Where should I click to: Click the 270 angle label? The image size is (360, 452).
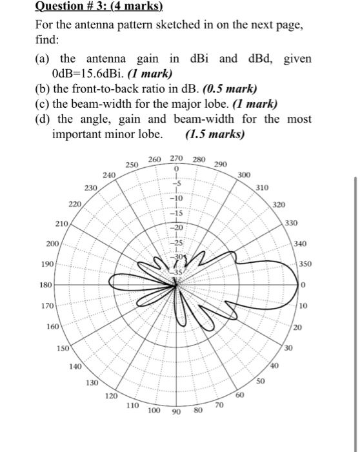[x=177, y=159]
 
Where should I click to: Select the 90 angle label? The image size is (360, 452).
[x=176, y=411]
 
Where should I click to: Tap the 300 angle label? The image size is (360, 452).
[x=244, y=175]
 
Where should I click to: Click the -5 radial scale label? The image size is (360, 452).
[x=176, y=185]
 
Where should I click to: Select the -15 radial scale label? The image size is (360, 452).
[x=176, y=212]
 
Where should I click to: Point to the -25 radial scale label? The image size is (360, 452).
[x=176, y=241]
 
